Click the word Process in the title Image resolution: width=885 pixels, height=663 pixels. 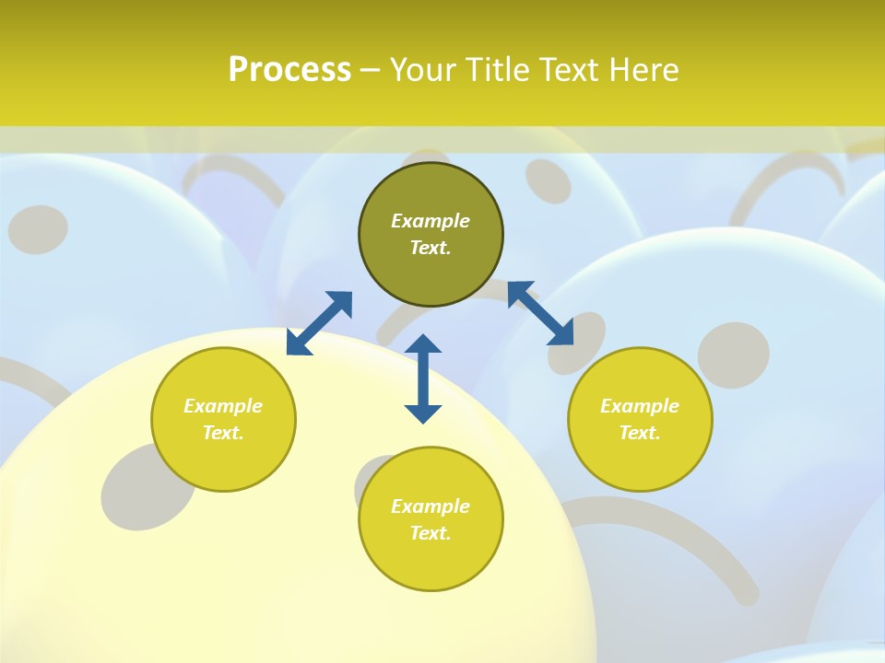tap(289, 70)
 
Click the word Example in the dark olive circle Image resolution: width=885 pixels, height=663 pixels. tap(431, 221)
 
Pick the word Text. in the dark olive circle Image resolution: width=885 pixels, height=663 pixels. tap(431, 248)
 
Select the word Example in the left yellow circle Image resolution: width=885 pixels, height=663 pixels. tap(223, 406)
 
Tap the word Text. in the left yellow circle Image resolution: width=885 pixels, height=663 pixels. tap(223, 433)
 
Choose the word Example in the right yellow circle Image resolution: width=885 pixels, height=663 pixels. tap(640, 406)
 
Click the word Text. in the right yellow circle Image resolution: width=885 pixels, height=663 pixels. tap(640, 433)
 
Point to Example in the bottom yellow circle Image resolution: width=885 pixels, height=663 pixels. tap(431, 506)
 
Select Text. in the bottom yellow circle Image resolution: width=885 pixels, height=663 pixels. tap(431, 533)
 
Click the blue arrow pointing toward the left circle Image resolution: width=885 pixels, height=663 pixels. tap(319, 323)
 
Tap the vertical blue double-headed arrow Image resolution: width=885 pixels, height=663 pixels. tap(423, 379)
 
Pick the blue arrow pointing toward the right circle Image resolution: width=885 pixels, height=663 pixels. tap(540, 313)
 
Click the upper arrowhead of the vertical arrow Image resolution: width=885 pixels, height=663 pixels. tap(423, 344)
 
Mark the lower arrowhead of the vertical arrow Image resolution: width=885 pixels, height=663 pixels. tap(423, 413)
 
